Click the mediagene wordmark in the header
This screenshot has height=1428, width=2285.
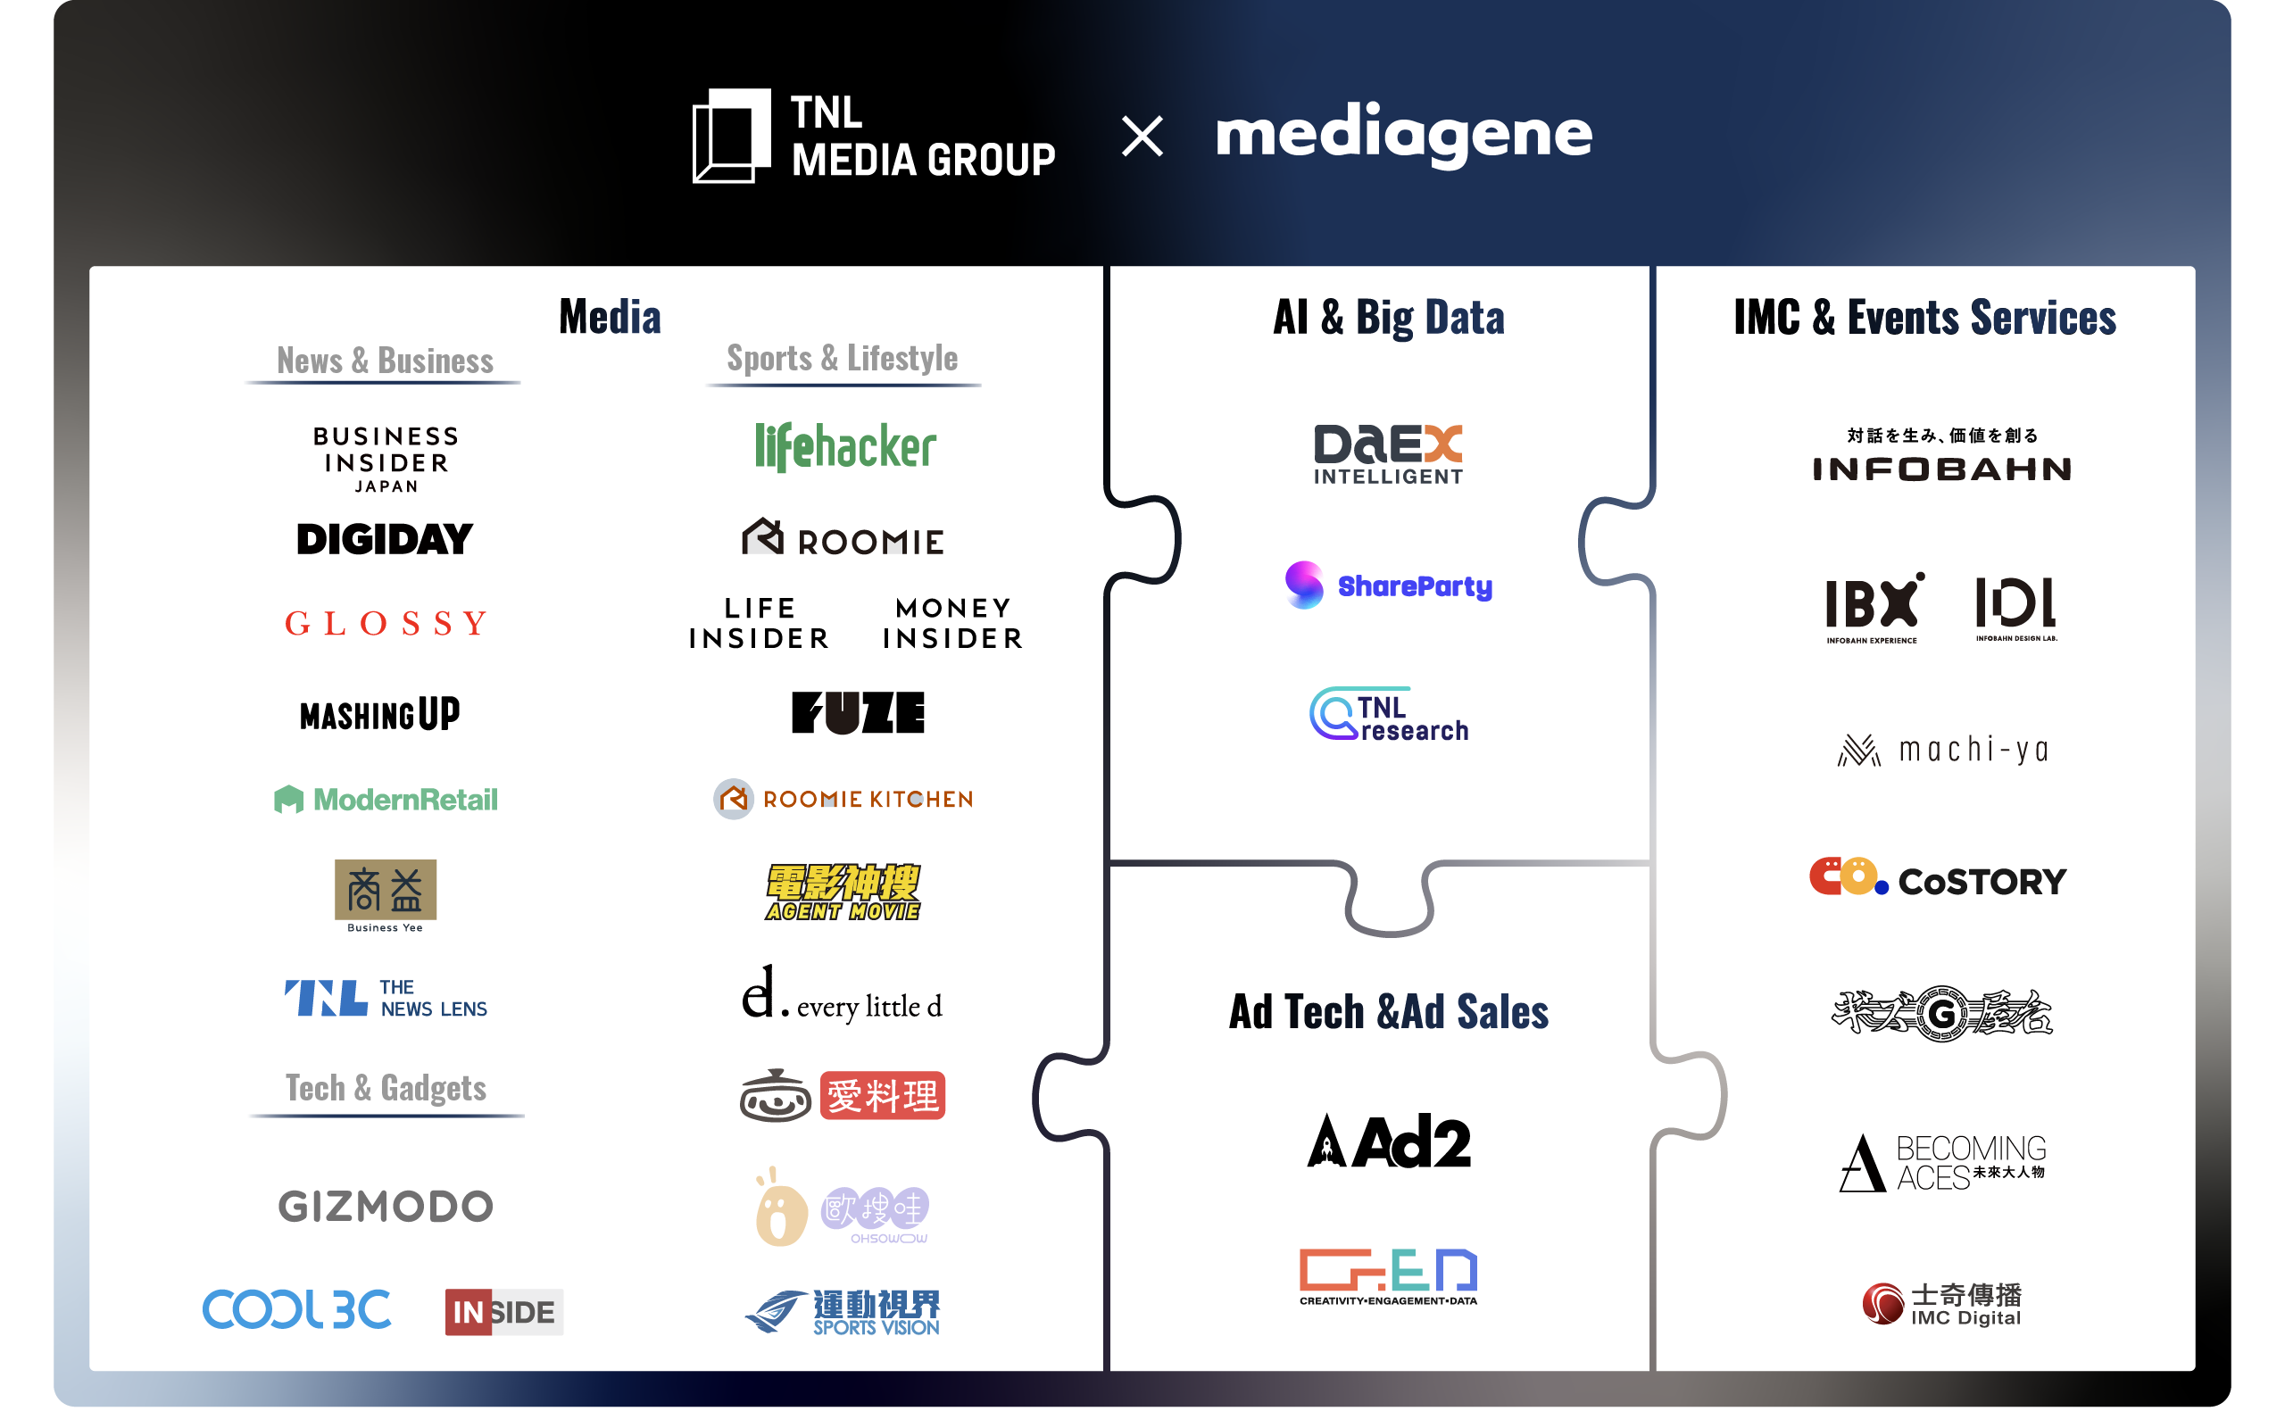[1403, 134]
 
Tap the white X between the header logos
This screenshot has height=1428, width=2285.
[1142, 136]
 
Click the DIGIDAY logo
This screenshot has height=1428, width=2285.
[385, 539]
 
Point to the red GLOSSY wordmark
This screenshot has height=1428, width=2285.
[386, 623]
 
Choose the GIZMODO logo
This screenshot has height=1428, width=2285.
[386, 1206]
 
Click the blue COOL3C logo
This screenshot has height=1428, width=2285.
[296, 1309]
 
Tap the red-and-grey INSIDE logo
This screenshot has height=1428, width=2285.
[503, 1312]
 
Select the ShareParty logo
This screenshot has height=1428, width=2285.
[1388, 585]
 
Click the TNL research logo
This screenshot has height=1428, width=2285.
[1388, 715]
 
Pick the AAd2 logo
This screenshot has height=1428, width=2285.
[1388, 1141]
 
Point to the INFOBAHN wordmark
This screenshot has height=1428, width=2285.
[1941, 469]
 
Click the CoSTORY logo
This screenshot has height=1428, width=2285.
[1938, 878]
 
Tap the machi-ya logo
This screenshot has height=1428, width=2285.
[1942, 750]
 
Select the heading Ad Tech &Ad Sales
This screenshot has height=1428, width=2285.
[1388, 1011]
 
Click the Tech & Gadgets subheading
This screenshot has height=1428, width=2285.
[386, 1088]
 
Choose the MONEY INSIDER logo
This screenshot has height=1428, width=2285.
[952, 623]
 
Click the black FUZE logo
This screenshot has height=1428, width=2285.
[858, 712]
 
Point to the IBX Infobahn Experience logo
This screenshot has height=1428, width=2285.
[1874, 607]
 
